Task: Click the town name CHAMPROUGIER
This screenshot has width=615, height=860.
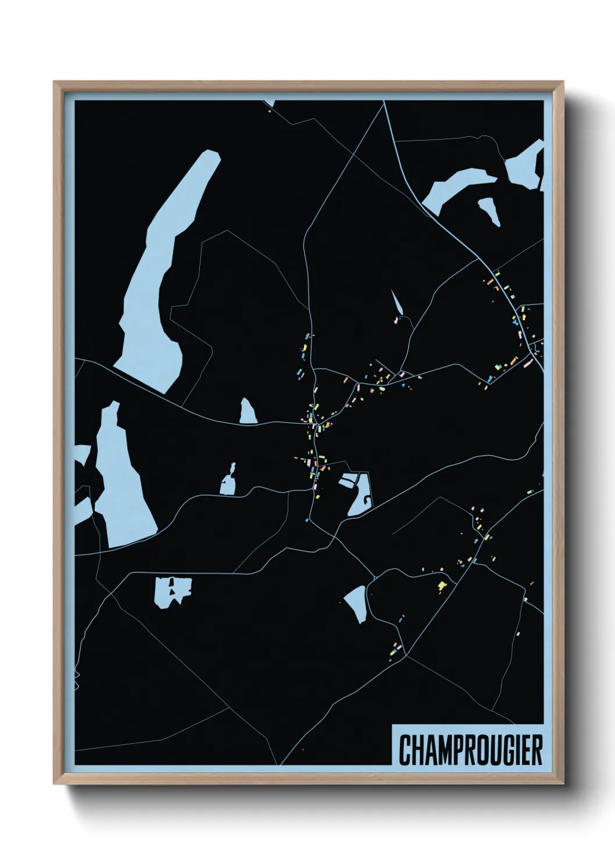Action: click(x=470, y=750)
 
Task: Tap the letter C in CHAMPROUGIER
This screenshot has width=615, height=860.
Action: click(x=405, y=750)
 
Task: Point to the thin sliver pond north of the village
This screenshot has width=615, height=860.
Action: click(x=398, y=302)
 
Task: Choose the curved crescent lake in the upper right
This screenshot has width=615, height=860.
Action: click(x=459, y=186)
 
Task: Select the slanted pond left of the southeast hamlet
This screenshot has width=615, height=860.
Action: click(x=356, y=603)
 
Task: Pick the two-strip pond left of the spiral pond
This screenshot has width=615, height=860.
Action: click(x=349, y=481)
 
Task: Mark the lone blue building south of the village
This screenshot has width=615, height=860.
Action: click(x=307, y=520)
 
